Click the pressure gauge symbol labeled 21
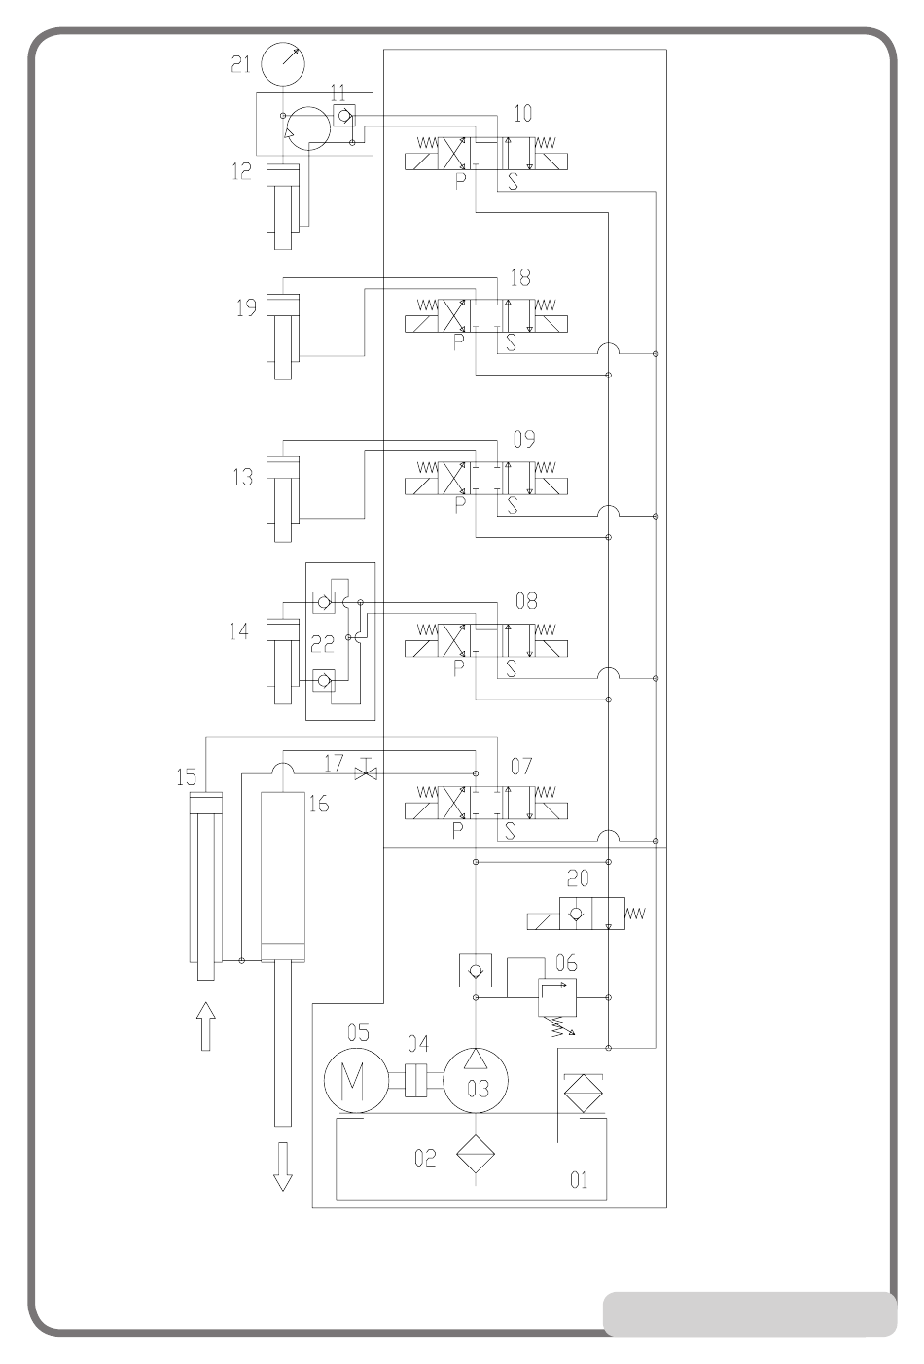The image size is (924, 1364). [283, 63]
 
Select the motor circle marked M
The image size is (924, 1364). [355, 1080]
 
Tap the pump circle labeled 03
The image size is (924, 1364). [476, 1080]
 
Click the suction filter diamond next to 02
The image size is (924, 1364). [476, 1154]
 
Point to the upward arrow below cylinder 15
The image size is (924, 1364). [206, 1026]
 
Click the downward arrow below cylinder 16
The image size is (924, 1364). [282, 1167]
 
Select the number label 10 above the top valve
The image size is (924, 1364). [523, 113]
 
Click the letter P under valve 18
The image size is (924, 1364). [459, 342]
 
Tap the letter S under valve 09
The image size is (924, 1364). [513, 505]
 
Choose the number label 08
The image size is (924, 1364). [526, 601]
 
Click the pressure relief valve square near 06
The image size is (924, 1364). [557, 997]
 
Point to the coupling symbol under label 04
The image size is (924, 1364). [417, 1080]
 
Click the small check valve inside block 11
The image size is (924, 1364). [344, 115]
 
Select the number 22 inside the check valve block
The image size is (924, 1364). [322, 644]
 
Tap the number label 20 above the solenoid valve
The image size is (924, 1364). [579, 879]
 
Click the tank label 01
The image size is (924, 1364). [579, 1180]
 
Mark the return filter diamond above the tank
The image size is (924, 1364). [584, 1094]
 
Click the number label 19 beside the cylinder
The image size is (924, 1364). [246, 308]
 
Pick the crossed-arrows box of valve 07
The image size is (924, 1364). [453, 803]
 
